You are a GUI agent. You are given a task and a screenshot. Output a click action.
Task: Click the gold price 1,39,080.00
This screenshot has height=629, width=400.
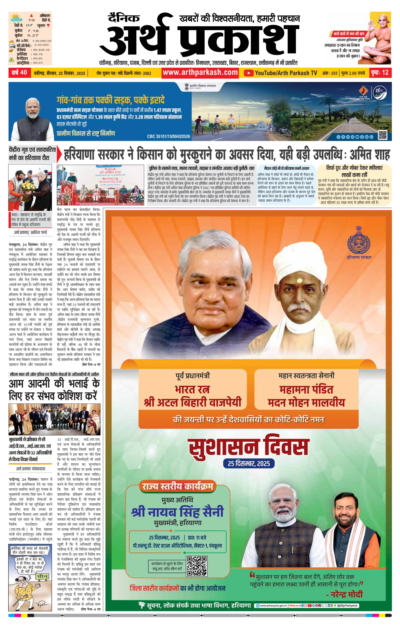[42, 41]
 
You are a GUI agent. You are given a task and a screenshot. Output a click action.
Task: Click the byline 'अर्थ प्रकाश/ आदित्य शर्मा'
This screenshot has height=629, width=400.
[31, 232]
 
